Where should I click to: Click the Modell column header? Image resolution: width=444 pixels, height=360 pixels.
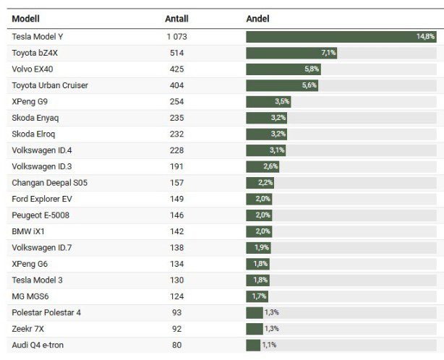click(25, 18)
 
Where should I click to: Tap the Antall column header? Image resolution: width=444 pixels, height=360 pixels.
click(176, 18)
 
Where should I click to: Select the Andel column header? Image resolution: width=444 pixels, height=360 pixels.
click(257, 18)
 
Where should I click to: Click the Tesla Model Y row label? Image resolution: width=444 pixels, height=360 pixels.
click(42, 36)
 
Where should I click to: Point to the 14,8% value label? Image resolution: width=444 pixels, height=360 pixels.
click(425, 36)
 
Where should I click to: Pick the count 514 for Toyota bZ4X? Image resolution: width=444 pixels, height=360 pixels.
click(176, 53)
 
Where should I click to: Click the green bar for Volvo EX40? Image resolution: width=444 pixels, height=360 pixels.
click(283, 69)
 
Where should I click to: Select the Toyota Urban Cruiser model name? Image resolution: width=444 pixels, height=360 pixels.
click(50, 85)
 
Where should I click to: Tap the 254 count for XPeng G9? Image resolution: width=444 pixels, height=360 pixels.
click(176, 102)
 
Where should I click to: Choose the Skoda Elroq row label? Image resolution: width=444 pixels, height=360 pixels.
click(33, 134)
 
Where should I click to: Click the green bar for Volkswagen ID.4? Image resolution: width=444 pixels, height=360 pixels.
click(265, 150)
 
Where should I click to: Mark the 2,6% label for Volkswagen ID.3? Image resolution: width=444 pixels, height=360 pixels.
click(270, 166)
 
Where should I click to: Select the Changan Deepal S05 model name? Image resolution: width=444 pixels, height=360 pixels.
click(49, 183)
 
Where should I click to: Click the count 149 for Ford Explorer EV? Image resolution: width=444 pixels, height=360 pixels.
click(176, 199)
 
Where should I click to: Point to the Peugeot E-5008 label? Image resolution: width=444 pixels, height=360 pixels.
click(40, 215)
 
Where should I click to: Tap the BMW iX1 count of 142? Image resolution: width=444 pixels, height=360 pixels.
click(176, 231)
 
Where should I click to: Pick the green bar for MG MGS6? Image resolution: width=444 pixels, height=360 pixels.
click(257, 296)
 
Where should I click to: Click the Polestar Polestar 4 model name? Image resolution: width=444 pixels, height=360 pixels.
click(46, 312)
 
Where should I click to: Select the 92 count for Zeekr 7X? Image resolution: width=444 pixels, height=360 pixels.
click(176, 329)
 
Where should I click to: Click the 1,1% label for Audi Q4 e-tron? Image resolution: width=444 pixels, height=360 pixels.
click(270, 345)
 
